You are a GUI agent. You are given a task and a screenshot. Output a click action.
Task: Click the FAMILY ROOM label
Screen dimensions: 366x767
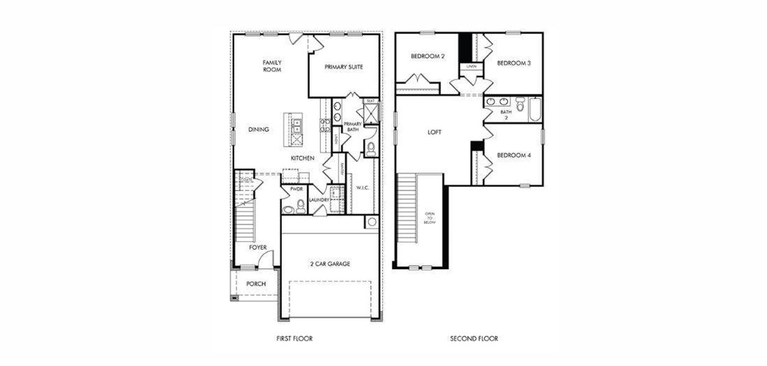tap(272, 66)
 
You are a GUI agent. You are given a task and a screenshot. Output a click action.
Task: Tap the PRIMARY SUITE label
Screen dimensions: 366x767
tap(343, 67)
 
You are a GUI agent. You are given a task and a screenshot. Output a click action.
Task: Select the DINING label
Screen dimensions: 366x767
tap(259, 129)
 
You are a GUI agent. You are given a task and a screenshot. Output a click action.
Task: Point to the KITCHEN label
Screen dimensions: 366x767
tap(302, 159)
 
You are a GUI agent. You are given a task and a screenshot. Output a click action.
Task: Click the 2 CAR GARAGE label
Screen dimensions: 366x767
tap(329, 264)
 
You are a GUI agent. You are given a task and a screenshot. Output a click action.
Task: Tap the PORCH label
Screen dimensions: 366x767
tap(255, 284)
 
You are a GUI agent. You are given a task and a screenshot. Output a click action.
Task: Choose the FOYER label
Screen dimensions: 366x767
tap(258, 248)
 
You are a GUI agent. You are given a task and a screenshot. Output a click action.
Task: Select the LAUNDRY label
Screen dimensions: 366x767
tap(319, 200)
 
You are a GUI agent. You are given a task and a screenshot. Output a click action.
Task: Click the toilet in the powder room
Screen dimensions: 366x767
tap(300, 204)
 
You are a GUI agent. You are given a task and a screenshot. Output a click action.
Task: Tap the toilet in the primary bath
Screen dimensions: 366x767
tap(369, 146)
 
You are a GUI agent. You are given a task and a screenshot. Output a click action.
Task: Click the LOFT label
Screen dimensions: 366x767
tap(434, 132)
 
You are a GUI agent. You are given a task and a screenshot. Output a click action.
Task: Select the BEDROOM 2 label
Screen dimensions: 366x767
tap(427, 56)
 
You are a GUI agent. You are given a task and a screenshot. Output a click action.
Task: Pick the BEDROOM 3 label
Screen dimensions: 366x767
tap(513, 63)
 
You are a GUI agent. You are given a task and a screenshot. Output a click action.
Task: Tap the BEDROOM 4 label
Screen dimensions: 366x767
tap(513, 156)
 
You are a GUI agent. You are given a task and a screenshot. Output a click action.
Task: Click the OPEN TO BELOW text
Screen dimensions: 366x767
tap(429, 218)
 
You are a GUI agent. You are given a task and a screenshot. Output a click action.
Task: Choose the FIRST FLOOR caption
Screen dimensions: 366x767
tap(294, 339)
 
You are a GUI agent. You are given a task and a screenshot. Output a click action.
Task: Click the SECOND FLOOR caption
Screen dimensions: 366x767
tap(474, 339)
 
